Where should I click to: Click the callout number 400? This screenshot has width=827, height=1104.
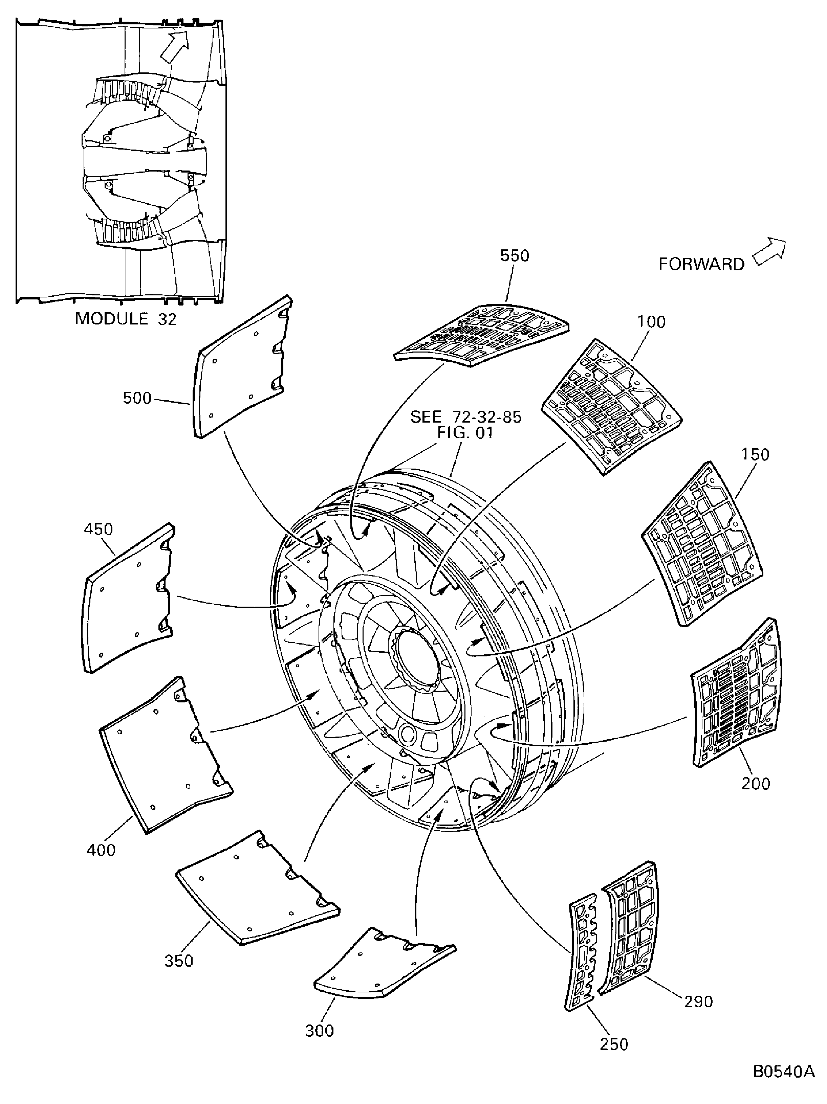[x=101, y=850]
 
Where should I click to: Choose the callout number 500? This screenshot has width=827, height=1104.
[x=137, y=398]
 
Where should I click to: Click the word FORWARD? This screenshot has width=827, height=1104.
[x=701, y=264]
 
